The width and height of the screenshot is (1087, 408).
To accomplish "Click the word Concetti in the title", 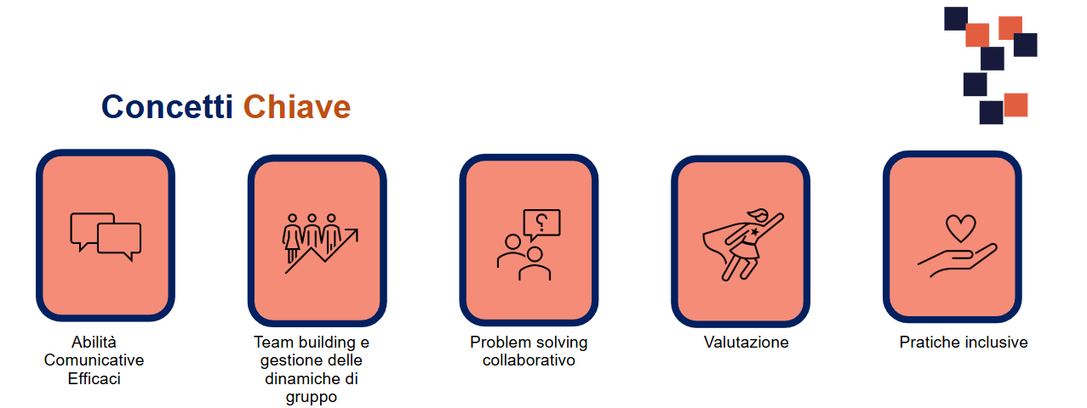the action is coord(167,106).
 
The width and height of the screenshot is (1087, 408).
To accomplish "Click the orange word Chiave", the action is coord(297,106).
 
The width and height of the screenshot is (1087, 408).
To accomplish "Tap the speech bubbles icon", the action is coord(106,236).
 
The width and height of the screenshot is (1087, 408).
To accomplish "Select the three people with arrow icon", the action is coord(320,243).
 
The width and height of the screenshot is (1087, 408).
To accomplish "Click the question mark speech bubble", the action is coord(542,224).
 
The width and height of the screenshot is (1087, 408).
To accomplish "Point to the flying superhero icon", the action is coord(742,245).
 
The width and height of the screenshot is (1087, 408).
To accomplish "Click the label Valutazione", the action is coord(746,342).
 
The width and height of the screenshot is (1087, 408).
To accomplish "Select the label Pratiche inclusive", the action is coord(964,342).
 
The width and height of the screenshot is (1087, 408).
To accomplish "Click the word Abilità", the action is coord(94,342).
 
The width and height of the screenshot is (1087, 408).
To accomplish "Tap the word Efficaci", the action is coord(94,378).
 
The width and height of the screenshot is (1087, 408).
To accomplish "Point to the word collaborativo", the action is coord(529,360).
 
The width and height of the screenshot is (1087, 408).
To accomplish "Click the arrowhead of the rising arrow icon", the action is coord(352,235).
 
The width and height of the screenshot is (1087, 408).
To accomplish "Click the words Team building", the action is coord(305,343).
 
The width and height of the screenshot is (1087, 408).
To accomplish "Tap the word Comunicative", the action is coord(94,360).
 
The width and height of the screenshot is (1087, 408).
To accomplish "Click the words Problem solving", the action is coord(529,343).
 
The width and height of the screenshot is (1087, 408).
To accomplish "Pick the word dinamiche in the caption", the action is coord(299,378).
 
